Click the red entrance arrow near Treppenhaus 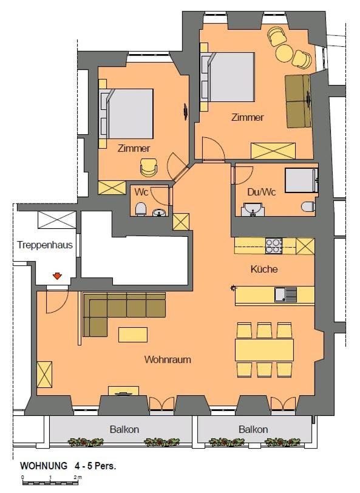click(57, 276)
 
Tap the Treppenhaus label click(45, 245)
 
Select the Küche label click(264, 269)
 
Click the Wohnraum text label click(168, 359)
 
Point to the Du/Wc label click(262, 192)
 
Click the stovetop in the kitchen click(274, 245)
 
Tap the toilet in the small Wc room click(141, 209)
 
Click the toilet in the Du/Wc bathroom click(308, 206)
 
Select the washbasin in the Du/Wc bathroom click(252, 211)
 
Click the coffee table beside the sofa click(133, 335)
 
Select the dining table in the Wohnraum click(264, 350)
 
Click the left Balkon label click(124, 429)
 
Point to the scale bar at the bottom click(51, 481)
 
